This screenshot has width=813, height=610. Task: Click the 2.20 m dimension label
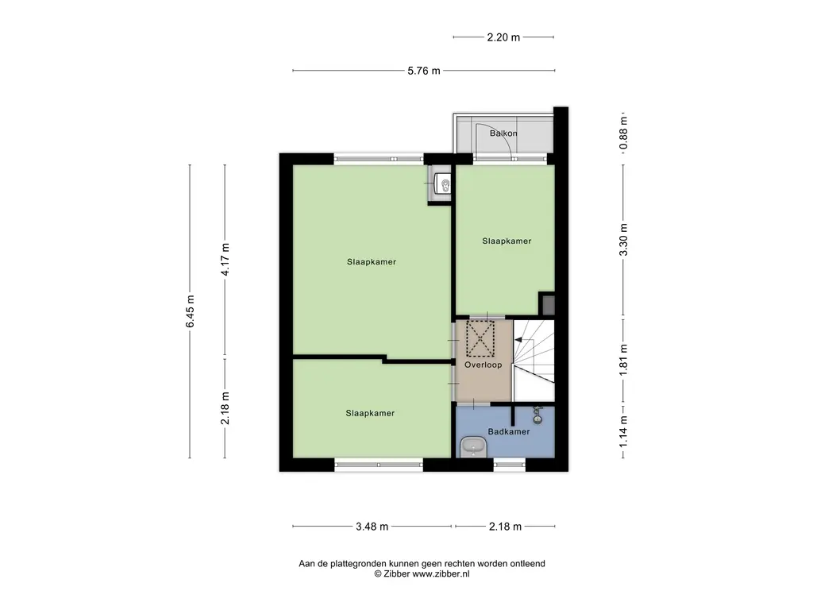coord(503,37)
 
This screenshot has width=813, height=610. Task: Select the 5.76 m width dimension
coord(424,71)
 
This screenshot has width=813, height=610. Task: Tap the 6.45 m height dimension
coord(191,311)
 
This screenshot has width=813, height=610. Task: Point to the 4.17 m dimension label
coord(225,260)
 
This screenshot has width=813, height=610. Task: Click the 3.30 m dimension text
coord(623,240)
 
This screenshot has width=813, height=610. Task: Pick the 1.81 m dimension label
coord(623,360)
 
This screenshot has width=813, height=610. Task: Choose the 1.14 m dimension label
coord(623,431)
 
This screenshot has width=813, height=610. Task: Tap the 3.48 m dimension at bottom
coord(372,527)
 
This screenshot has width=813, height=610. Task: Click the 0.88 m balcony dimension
coord(623,133)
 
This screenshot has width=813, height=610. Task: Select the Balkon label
coord(503,133)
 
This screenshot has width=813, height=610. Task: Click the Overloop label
coord(484,365)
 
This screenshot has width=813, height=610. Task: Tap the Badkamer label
coord(509,431)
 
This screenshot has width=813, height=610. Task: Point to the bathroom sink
coord(473,446)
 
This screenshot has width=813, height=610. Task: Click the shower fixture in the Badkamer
coord(538,415)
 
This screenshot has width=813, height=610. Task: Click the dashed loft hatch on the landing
coord(480,338)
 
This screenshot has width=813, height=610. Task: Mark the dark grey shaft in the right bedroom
coord(548,304)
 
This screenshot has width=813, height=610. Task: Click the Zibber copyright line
coord(422,574)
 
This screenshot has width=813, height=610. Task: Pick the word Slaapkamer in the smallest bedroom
coord(370,413)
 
